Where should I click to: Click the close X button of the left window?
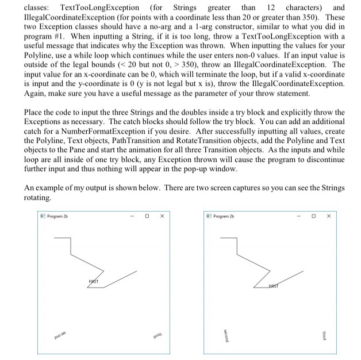click(x=163, y=218)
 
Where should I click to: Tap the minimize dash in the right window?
click(x=299, y=218)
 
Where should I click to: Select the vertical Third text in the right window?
click(x=325, y=334)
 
